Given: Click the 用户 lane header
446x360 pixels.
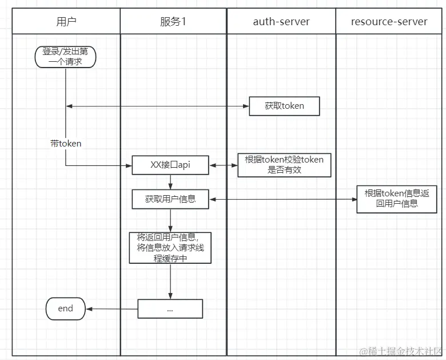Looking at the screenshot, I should tap(66, 22).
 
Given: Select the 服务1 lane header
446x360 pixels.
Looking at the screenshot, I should tap(173, 22).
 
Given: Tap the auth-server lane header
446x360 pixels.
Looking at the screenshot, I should tap(281, 22).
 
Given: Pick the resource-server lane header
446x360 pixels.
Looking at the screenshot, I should tap(389, 22).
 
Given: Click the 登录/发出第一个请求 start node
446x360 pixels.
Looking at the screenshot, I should tap(65, 56).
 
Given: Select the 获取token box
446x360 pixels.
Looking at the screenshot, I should tap(284, 106).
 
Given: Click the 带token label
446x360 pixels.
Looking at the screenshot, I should tap(65, 144).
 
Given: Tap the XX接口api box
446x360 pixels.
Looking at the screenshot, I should tap(170, 165).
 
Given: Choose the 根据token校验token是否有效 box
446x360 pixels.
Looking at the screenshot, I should tap(284, 165).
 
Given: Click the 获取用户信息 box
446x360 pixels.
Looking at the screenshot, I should tap(170, 199).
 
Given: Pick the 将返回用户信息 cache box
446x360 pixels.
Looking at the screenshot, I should tap(170, 247).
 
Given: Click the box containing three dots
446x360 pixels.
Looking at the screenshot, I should tap(170, 308).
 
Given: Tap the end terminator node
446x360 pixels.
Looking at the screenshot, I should tap(65, 308).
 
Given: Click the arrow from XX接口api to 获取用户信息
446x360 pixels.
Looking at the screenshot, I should tap(170, 181).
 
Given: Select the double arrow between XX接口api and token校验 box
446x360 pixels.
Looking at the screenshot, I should tap(223, 165).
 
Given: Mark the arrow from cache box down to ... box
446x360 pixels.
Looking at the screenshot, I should tap(170, 281).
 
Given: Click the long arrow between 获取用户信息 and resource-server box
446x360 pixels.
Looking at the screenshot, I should tap(282, 200).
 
